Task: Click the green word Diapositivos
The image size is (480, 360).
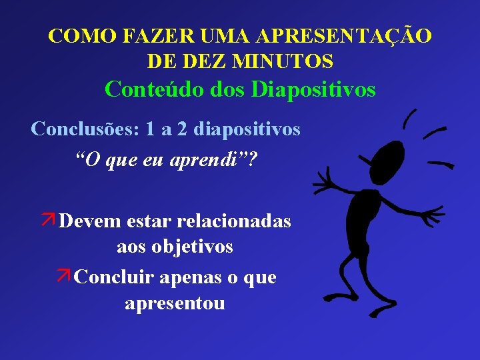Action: coord(313,89)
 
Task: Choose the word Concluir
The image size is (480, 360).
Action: coord(109,277)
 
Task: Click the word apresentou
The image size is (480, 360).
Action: coord(175,303)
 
